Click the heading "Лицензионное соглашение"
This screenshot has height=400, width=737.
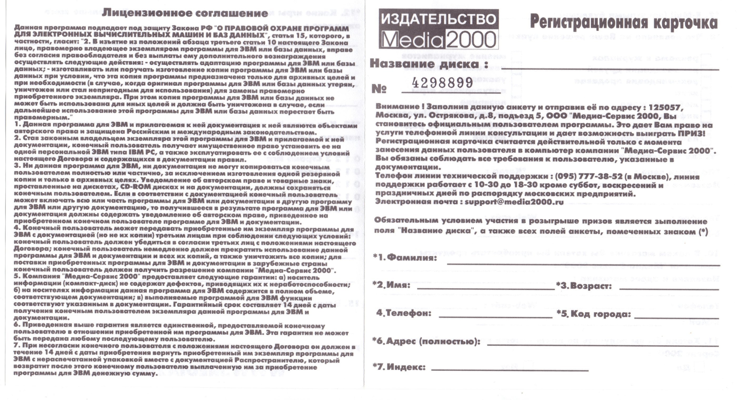185,13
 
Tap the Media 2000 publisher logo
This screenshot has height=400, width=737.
439,29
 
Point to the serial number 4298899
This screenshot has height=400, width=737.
442,83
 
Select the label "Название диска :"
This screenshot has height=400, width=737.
429,63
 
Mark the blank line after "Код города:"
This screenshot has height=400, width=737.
676,317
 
